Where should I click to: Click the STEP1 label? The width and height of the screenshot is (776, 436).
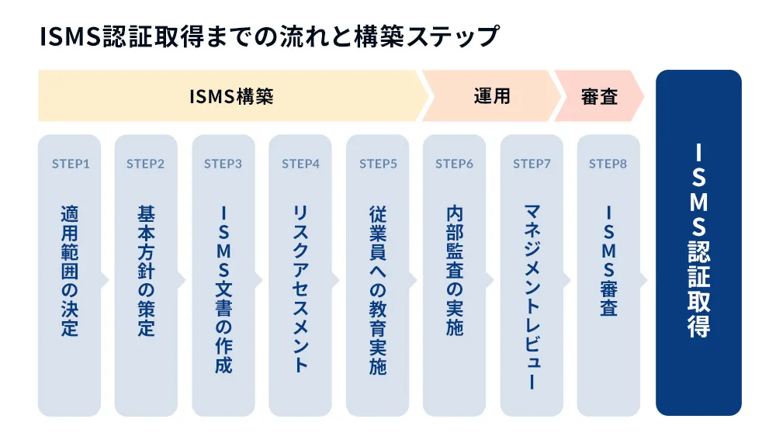(x=70, y=164)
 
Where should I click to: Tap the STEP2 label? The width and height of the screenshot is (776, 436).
(x=146, y=164)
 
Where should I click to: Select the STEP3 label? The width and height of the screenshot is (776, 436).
(x=223, y=164)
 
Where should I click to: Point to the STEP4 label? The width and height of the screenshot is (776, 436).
(x=300, y=164)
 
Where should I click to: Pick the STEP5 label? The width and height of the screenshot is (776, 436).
(x=378, y=164)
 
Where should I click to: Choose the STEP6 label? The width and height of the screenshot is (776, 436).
(x=454, y=164)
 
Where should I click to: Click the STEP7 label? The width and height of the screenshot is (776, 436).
(x=532, y=164)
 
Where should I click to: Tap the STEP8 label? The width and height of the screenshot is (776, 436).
(x=608, y=164)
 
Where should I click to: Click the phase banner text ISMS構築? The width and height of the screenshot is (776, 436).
(x=231, y=97)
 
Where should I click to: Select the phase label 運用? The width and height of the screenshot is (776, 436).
(x=492, y=97)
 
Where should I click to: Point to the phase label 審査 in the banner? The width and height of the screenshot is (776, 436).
(x=599, y=97)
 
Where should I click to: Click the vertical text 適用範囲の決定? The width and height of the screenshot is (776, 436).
(x=70, y=271)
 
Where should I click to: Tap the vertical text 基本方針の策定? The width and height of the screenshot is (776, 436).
(x=146, y=271)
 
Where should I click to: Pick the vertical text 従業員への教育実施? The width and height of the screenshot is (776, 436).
(x=378, y=289)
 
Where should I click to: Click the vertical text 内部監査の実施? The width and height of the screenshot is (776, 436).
(x=454, y=271)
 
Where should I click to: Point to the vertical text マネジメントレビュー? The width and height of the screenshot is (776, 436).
(x=532, y=298)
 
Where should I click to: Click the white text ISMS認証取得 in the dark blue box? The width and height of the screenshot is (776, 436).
(x=698, y=240)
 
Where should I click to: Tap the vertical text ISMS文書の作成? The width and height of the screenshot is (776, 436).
(x=223, y=289)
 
